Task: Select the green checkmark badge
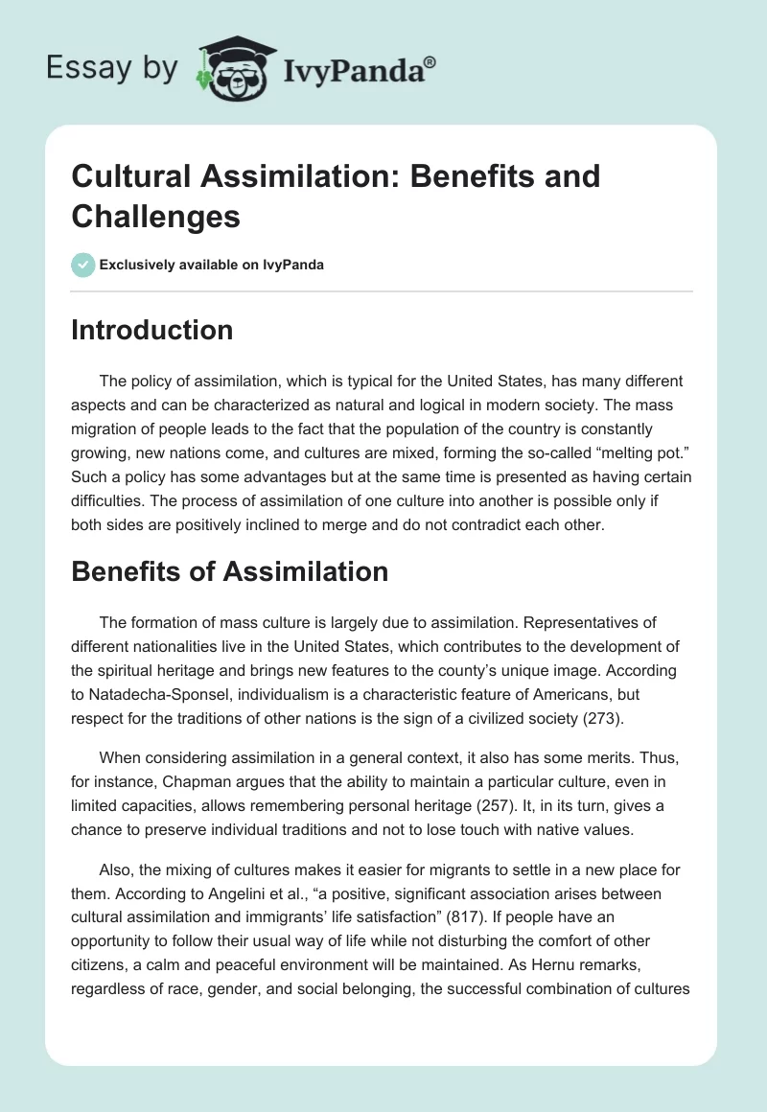[x=83, y=265]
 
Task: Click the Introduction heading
[x=151, y=330]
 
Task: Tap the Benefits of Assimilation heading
[x=229, y=571]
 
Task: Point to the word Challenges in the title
[x=155, y=216]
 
